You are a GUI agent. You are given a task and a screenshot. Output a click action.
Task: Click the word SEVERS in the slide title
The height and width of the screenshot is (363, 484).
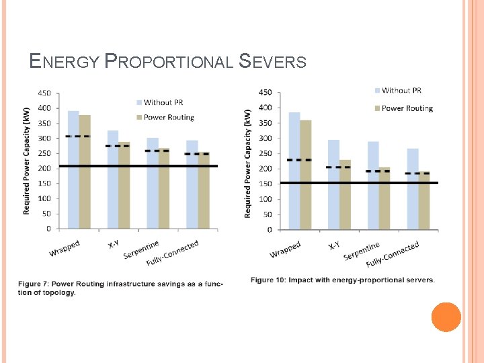[x=272, y=63]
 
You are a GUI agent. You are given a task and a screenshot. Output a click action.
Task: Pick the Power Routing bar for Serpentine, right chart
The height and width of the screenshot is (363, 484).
[x=385, y=198]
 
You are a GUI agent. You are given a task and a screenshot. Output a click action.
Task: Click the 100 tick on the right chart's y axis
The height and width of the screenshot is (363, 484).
[x=266, y=199]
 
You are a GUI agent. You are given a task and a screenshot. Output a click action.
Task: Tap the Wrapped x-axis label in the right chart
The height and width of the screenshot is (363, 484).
[x=286, y=249]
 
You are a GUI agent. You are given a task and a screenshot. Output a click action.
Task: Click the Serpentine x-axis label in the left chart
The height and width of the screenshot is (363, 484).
[x=141, y=250]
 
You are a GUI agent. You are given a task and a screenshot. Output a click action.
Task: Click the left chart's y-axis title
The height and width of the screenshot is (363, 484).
[x=27, y=161]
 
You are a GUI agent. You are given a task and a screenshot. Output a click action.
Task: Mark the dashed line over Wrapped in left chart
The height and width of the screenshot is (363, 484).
[x=78, y=136]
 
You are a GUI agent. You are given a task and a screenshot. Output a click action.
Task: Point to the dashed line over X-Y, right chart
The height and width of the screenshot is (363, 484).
[x=338, y=167]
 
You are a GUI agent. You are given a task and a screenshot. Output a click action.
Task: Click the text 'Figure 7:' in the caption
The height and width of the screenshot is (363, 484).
[x=34, y=284]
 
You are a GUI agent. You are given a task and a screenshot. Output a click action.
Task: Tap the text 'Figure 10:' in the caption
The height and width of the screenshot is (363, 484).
[x=268, y=280]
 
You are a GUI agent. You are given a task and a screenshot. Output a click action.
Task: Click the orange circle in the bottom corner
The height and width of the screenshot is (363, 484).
[x=446, y=317]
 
